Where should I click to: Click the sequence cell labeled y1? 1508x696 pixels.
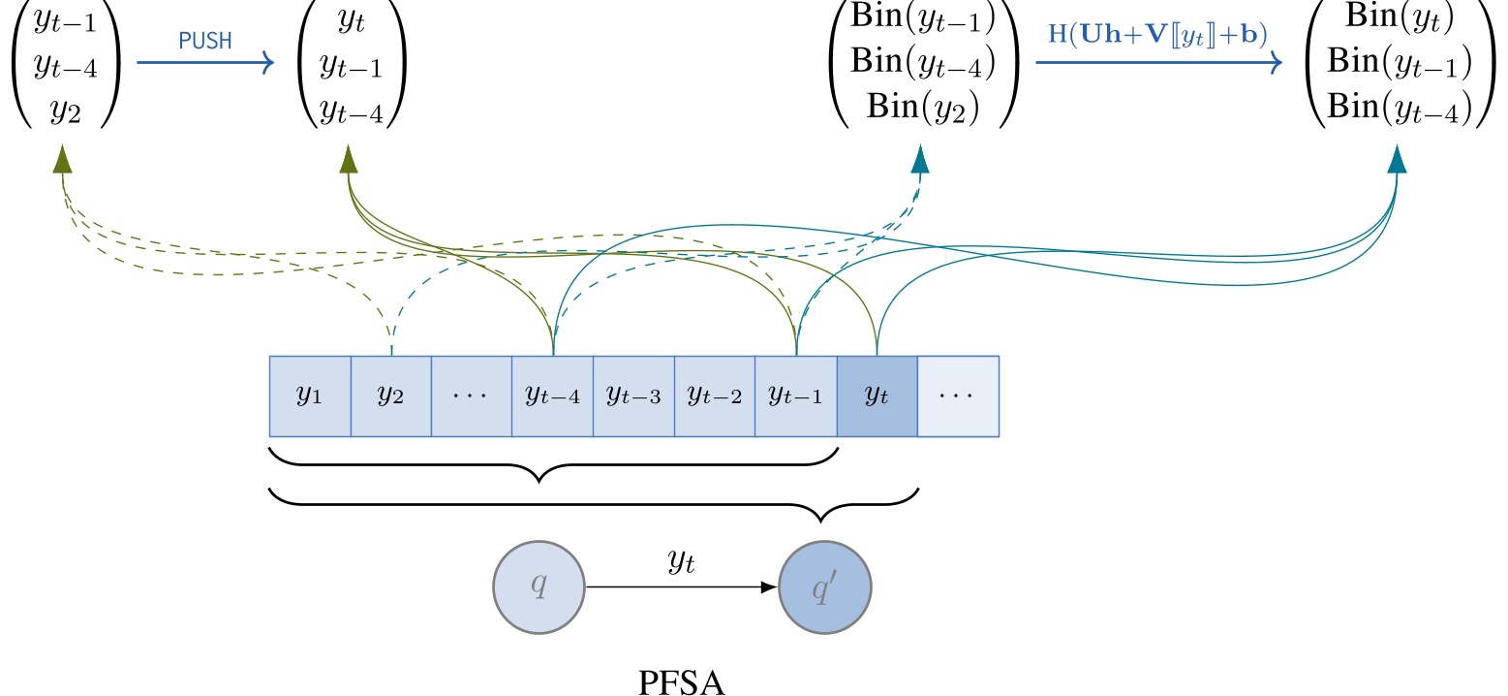[309, 396]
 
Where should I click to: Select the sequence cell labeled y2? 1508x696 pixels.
[390, 396]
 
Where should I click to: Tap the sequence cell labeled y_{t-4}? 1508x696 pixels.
[552, 396]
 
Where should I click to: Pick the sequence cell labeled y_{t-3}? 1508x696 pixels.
[632, 396]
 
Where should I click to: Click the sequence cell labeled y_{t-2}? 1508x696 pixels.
[714, 396]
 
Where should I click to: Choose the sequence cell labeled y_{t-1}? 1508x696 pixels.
[795, 396]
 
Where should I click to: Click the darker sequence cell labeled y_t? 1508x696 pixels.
[877, 396]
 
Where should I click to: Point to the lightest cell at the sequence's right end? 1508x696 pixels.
[958, 396]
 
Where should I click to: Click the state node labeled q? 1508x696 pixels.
[539, 587]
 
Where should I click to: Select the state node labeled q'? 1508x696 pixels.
[825, 587]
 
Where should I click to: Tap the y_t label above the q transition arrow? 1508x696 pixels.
[682, 563]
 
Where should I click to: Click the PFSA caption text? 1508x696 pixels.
[682, 682]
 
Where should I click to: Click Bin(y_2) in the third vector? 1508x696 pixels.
[923, 106]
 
